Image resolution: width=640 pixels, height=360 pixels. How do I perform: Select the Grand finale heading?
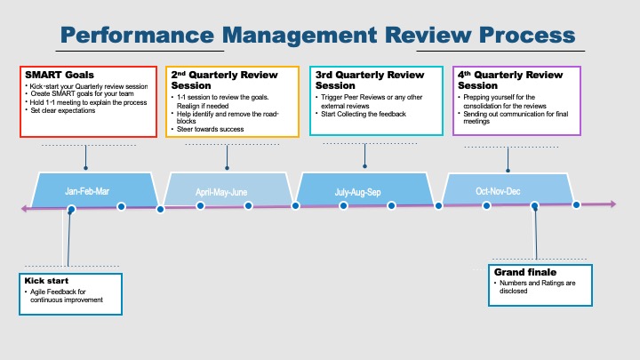point(524,271)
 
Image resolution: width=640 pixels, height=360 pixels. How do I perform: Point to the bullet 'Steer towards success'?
point(210,130)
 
